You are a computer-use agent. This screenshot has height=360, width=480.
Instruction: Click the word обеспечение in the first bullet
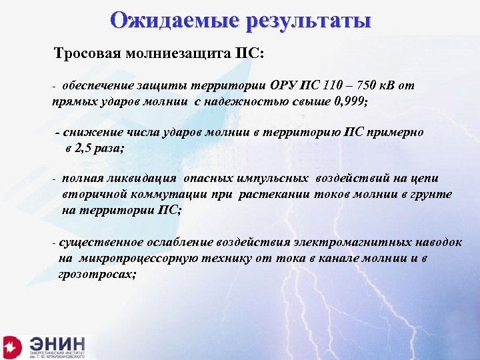(100, 86)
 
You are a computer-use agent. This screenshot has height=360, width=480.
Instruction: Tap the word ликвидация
(142, 178)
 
